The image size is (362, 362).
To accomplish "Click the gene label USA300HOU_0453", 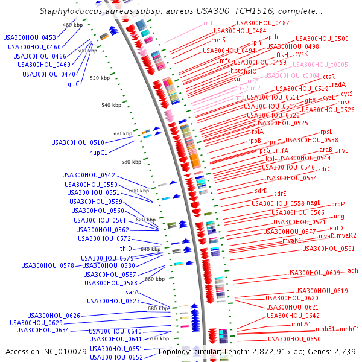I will point(30,37).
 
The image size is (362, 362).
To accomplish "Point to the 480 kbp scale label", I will point(72,25).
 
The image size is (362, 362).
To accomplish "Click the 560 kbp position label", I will point(122,133).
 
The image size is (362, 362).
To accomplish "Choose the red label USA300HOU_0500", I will point(322,39).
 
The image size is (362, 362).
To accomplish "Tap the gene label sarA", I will point(132,292).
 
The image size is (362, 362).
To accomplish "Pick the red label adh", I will point(353,270).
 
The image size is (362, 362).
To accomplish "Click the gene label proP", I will point(338,204).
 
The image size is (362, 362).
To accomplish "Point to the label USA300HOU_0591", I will point(328,249).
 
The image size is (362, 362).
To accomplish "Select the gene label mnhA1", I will point(301,324).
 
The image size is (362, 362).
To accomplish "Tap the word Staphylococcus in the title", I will point(70,11).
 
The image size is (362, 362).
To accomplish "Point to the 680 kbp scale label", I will point(157,308).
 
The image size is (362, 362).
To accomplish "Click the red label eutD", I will point(336,228).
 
